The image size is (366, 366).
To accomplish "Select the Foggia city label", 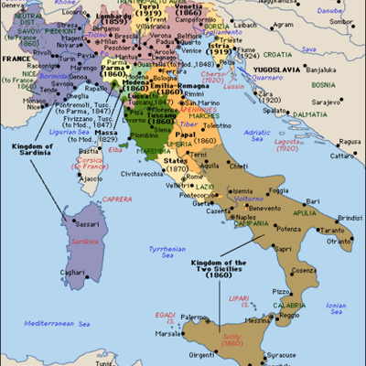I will tap(281, 189).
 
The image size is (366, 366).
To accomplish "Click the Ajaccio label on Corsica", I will tap(90, 179).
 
